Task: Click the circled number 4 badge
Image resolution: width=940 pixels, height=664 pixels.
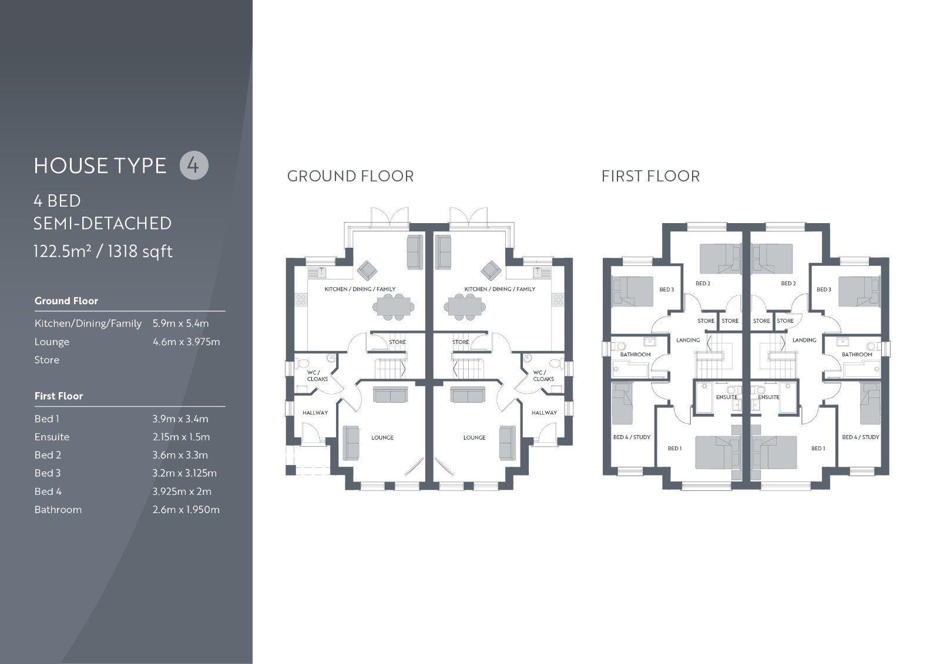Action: coord(194,165)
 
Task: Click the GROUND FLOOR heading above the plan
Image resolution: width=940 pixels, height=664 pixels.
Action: coord(350,176)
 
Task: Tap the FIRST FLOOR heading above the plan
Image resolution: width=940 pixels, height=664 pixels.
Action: coord(650,176)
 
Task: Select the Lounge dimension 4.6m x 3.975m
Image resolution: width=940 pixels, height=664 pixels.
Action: coord(186,342)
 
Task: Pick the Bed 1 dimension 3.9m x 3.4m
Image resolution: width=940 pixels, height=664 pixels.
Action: coord(180,419)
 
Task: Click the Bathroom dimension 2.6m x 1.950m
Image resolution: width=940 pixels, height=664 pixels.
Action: coord(186,510)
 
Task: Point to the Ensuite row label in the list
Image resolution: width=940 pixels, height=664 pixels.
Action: coord(52,437)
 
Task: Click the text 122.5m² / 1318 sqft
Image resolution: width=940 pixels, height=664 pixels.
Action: coord(103,251)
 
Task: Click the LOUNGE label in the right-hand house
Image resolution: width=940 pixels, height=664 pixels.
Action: coord(474,437)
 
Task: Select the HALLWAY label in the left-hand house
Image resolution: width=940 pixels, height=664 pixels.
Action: coord(315,413)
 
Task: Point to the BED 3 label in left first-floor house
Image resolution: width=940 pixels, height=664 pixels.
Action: coord(666,289)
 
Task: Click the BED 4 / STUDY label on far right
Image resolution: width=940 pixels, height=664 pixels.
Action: coord(860,437)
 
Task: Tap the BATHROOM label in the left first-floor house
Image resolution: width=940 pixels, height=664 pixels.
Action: coord(635,355)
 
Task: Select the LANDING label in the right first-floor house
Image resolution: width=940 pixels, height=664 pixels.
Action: coord(804,340)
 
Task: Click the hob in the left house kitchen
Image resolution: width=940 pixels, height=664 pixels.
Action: coord(301,300)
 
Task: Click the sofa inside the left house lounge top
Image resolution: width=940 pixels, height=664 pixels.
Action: coord(391,395)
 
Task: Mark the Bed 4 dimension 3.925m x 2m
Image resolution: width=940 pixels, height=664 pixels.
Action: coord(182,491)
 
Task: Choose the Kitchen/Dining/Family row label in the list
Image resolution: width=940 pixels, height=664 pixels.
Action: coord(88,323)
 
